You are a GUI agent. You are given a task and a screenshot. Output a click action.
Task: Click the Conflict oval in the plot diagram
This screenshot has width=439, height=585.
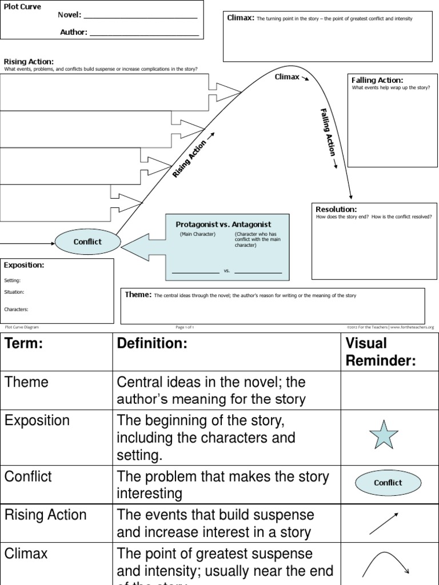[87, 242]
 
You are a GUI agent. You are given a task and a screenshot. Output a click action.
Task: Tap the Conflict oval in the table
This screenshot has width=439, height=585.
[388, 483]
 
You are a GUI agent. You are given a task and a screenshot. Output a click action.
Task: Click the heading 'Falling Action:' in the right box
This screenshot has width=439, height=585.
[377, 81]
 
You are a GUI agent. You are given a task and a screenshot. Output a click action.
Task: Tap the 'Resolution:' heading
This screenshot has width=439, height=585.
[336, 210]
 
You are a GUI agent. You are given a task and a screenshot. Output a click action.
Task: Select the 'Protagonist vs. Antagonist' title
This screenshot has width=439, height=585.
[223, 225]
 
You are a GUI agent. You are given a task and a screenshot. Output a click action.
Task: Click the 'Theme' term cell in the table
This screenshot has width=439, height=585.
[27, 382]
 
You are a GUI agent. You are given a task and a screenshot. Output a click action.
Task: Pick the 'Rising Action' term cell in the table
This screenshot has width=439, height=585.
[46, 515]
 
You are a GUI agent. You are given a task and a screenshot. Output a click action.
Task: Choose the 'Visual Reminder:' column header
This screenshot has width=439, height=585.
[380, 352]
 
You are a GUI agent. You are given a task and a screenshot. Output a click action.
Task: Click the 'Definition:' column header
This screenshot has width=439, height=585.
[152, 343]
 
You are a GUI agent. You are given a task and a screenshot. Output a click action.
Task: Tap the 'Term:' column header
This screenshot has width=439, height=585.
[25, 343]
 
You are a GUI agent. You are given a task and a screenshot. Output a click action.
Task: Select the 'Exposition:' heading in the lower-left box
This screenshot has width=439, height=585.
[24, 265]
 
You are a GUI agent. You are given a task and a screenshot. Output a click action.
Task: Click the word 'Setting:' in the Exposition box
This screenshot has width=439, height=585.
[12, 281]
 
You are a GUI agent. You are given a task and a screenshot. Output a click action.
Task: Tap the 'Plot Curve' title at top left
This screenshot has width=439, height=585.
[22, 7]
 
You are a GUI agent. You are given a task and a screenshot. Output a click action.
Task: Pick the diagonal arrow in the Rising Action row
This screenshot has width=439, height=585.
[383, 523]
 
